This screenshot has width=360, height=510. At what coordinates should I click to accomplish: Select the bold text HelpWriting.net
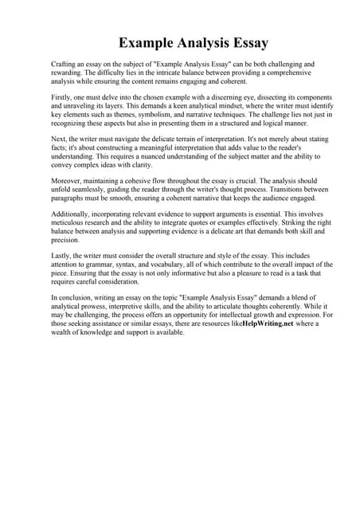point(268,325)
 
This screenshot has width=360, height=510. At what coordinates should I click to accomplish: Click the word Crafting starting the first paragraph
point(64,63)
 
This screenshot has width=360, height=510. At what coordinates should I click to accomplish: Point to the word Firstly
point(63,96)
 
